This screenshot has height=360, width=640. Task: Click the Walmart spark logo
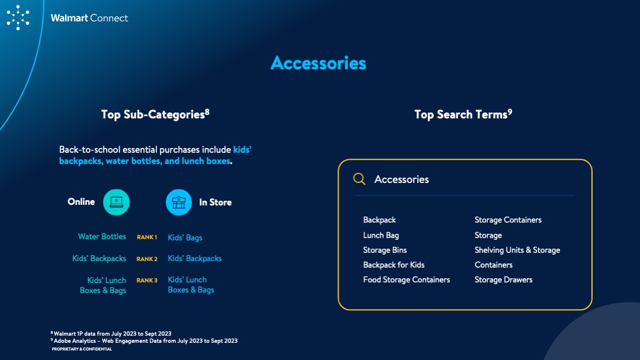18,18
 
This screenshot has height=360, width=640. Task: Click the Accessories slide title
319,63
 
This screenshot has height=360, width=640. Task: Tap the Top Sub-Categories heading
155,114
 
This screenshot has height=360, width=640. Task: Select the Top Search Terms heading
463,114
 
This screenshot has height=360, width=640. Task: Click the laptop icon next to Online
116,202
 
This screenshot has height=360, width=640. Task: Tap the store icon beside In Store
179,202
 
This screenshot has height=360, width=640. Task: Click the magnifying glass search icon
359,179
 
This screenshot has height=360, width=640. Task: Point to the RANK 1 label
147,237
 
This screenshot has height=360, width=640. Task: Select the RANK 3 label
147,281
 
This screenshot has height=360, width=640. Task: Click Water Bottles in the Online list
102,236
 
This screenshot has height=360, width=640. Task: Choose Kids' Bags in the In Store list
185,237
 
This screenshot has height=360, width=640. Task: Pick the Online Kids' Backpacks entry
99,258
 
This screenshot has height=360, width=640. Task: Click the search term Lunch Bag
381,235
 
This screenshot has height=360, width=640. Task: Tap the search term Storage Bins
385,250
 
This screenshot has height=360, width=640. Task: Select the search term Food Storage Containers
407,279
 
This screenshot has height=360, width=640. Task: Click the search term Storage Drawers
503,279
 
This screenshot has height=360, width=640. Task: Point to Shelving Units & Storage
517,250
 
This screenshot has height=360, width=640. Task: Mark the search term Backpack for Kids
394,265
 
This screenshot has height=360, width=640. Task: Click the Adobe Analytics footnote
144,341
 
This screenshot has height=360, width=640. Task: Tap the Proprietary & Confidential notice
82,349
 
